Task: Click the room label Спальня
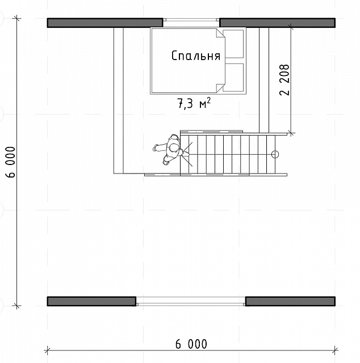tap(196, 56)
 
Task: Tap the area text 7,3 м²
tap(194, 103)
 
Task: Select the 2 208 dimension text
tap(284, 79)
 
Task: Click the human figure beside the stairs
tap(171, 150)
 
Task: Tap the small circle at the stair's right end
tap(275, 154)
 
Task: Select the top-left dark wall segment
tap(105, 23)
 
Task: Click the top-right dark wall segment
tap(278, 23)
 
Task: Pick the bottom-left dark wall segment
tap(91, 301)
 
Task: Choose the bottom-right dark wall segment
tap(291, 301)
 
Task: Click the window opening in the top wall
tap(191, 20)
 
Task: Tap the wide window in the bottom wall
tap(191, 301)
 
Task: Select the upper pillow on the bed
tap(233, 44)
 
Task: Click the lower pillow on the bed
tap(233, 77)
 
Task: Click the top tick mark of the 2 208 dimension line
tap(291, 27)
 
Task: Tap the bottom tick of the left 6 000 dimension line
tap(16, 306)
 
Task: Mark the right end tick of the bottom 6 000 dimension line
tap(335, 351)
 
